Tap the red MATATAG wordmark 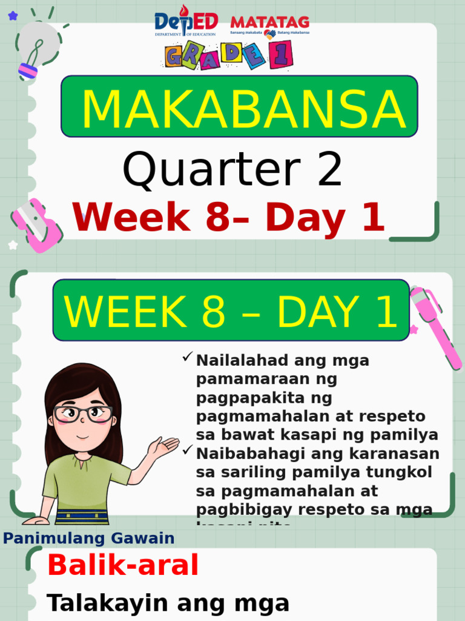click(269, 22)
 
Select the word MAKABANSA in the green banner click(242, 109)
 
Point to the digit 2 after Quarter click(329, 170)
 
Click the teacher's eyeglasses click(83, 414)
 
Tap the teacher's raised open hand click(162, 448)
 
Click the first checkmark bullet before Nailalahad click(187, 358)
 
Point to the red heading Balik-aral click(123, 566)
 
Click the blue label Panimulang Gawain click(88, 538)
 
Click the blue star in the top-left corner click(13, 16)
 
